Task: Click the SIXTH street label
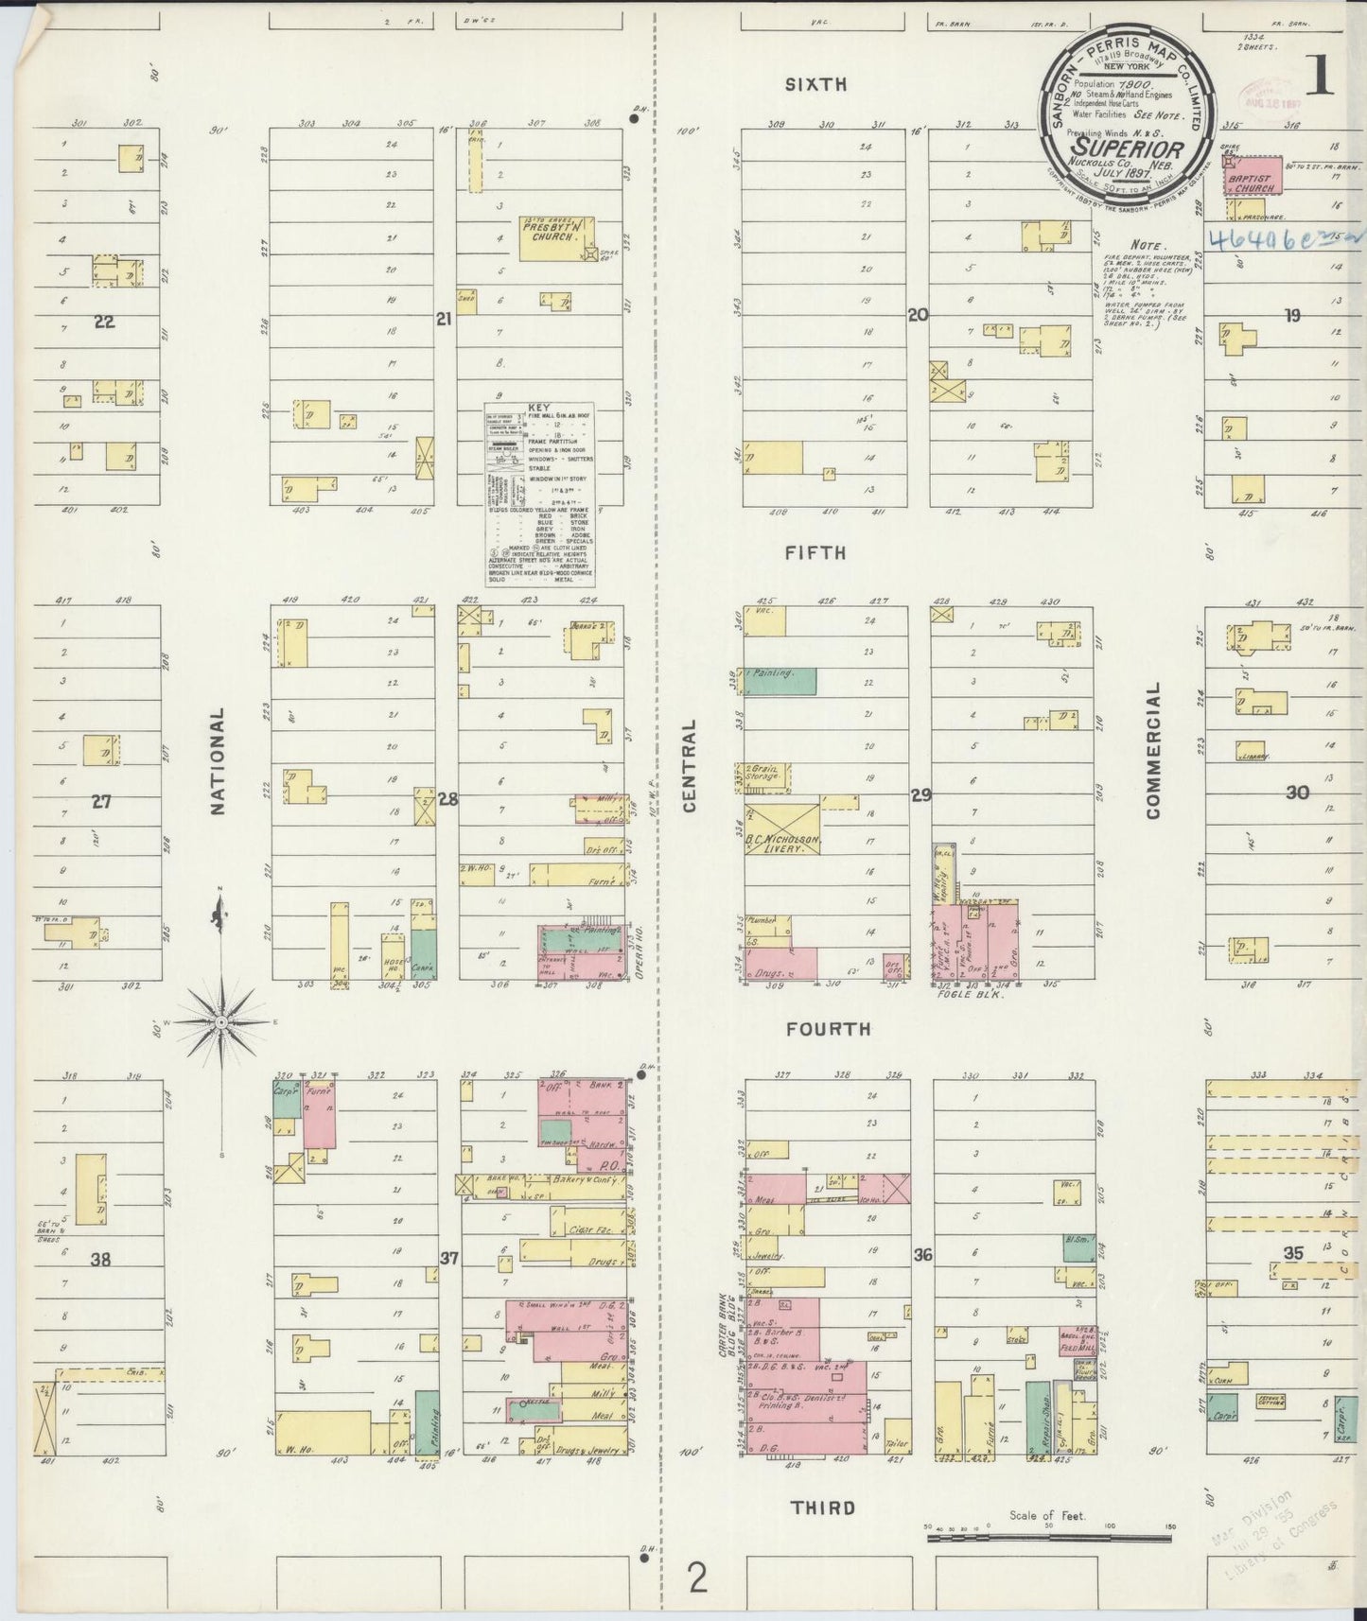[815, 85]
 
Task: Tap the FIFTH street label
[815, 553]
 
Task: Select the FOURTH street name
[828, 1029]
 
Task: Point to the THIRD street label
[823, 1508]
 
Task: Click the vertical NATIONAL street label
[218, 761]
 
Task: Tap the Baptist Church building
[1251, 182]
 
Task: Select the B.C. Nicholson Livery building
[781, 829]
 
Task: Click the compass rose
[220, 1022]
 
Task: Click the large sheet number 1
[1319, 77]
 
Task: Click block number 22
[104, 322]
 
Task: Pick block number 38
[100, 1259]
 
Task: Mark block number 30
[1297, 792]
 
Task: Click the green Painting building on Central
[780, 681]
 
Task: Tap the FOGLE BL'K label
[963, 995]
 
